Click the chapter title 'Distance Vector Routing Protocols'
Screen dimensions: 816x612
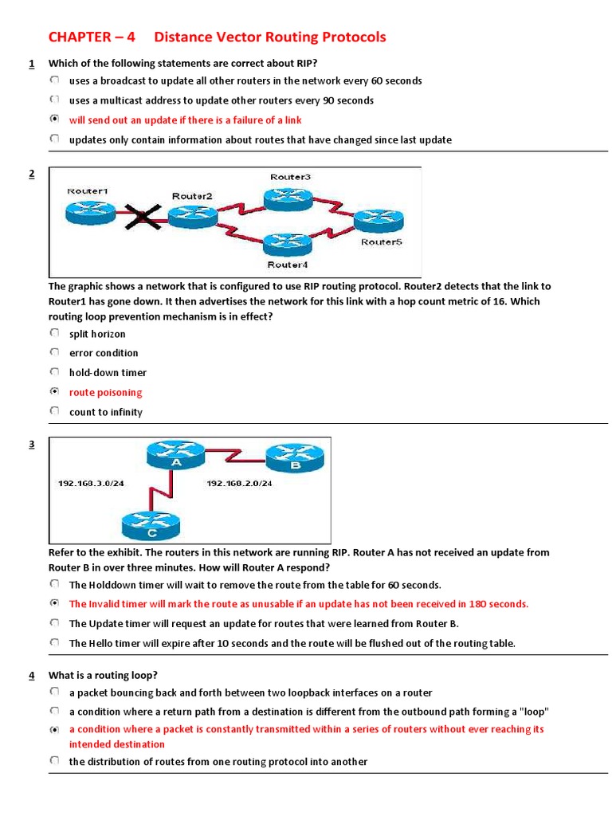(x=269, y=37)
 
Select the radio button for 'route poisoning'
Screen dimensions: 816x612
(x=53, y=391)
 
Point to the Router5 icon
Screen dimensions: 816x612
(x=379, y=220)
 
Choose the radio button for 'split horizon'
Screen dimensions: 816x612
(x=53, y=333)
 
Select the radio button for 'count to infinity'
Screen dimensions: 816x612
(x=53, y=411)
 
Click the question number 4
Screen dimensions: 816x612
(x=31, y=675)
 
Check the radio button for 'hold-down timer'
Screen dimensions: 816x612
(x=53, y=372)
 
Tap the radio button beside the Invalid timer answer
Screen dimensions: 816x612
(x=53, y=603)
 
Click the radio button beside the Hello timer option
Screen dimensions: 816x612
(x=53, y=642)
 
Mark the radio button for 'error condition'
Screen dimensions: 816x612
(x=53, y=352)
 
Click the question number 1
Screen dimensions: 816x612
(x=31, y=63)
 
